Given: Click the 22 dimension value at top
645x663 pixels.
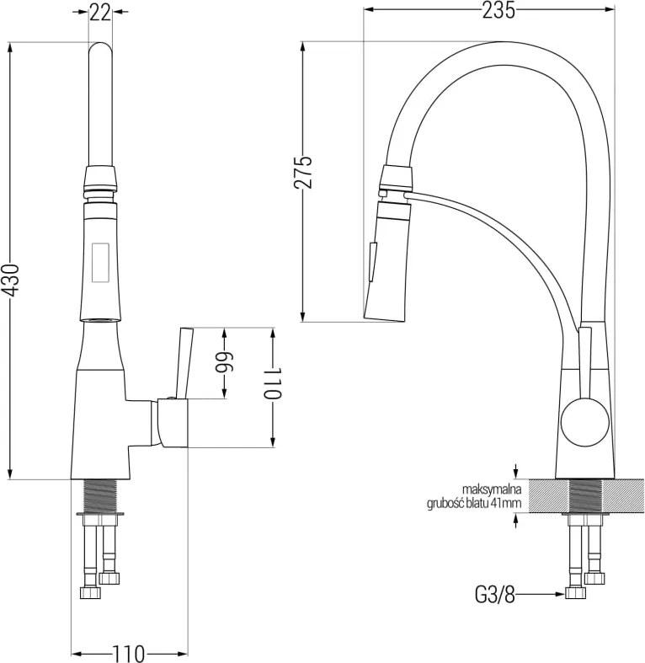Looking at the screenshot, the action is (x=99, y=13).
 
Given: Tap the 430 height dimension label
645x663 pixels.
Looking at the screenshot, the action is (x=10, y=280).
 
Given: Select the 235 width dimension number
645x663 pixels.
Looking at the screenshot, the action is (x=498, y=11).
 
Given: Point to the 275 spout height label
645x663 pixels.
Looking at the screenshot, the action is (x=303, y=172).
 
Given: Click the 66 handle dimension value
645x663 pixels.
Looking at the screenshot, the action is (x=225, y=364).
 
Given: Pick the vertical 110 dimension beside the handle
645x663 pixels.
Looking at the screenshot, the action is (x=273, y=382).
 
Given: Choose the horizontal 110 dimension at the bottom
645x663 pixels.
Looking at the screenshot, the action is (x=128, y=654).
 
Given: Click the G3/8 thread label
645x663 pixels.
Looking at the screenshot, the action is (x=495, y=596).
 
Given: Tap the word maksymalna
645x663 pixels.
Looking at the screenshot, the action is (x=492, y=489).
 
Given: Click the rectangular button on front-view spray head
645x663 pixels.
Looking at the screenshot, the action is (x=100, y=263).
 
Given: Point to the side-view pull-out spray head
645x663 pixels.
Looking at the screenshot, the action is (x=387, y=261).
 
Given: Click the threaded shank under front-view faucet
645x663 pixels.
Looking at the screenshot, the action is (x=100, y=496).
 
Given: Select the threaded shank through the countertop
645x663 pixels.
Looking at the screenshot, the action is (x=585, y=496).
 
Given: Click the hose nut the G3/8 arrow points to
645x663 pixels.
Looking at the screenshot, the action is (x=576, y=593).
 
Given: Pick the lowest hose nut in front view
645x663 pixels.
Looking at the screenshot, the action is (x=91, y=593).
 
